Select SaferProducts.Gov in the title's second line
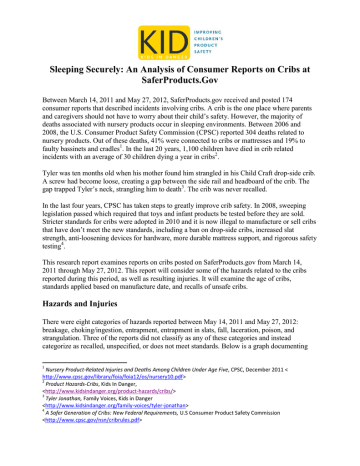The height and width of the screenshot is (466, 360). pyautogui.click(x=179, y=88)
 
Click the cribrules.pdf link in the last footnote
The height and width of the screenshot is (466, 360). pyautogui.click(x=100, y=460)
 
